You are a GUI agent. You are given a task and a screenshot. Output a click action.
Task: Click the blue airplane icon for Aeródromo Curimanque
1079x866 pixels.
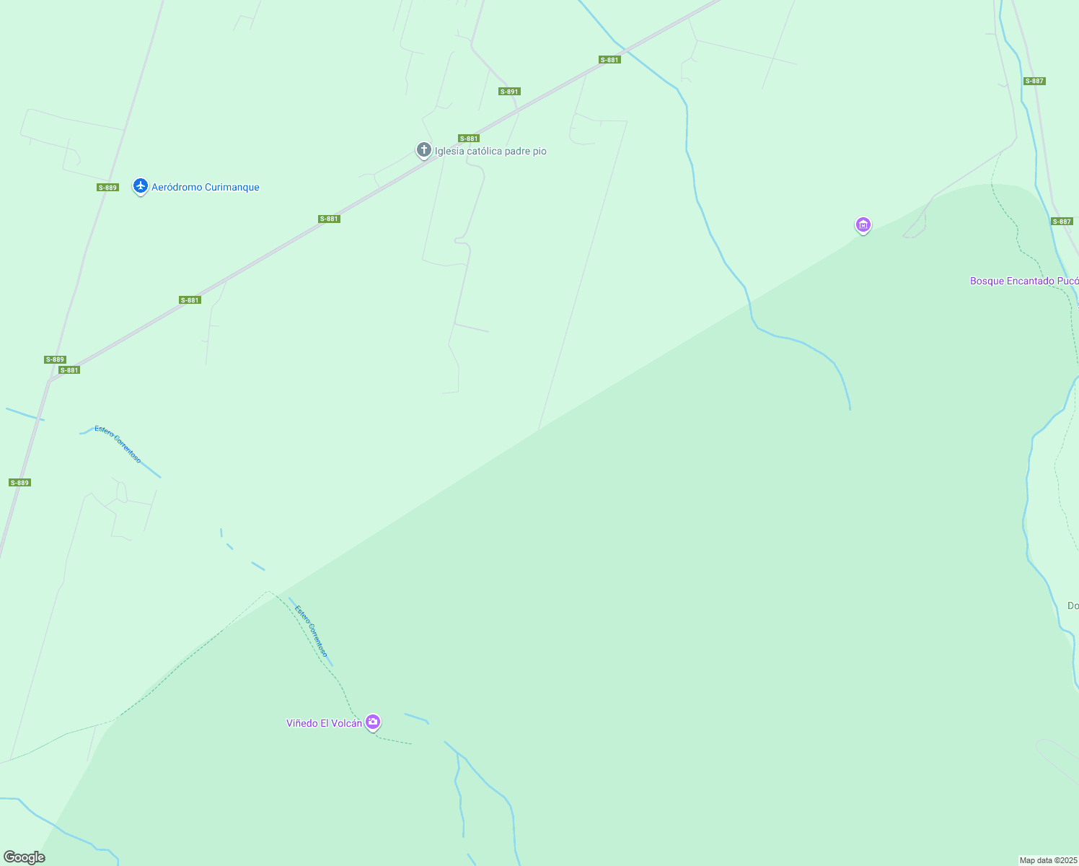click(141, 186)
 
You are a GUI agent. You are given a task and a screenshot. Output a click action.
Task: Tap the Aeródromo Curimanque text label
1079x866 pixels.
click(205, 188)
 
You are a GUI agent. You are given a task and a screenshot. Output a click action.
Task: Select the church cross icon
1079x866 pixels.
click(424, 149)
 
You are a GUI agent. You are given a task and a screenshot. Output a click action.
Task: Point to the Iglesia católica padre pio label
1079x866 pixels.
click(490, 152)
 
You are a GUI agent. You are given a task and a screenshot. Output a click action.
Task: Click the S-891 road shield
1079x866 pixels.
click(509, 92)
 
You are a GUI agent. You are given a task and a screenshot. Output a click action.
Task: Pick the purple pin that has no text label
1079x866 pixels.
click(863, 225)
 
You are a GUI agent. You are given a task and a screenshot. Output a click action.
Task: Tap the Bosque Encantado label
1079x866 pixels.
click(1023, 281)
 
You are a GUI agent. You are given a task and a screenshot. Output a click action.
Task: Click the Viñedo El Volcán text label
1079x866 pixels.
click(324, 723)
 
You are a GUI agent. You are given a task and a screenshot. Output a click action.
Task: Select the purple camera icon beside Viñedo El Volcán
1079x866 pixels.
click(373, 722)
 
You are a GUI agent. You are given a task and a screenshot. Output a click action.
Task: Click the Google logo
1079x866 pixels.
click(24, 857)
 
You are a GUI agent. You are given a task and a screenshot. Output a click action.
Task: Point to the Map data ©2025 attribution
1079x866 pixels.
click(1048, 860)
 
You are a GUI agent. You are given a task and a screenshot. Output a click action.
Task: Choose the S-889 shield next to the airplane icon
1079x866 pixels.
click(107, 188)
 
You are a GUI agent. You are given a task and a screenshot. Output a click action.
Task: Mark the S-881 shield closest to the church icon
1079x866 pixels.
click(469, 139)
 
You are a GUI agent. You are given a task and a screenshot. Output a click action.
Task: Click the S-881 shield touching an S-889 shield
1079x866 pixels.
click(69, 370)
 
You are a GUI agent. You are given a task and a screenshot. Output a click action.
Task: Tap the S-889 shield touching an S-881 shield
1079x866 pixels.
click(55, 359)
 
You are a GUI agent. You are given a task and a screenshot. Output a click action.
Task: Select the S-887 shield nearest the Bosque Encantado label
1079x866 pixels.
click(1062, 222)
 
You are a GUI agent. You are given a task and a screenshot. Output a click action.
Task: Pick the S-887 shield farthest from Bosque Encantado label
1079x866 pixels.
click(1034, 81)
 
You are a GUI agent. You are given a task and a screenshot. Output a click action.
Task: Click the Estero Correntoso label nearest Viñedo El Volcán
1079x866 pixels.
click(311, 630)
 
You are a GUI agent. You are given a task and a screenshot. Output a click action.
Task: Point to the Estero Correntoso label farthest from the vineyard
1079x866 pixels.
click(118, 444)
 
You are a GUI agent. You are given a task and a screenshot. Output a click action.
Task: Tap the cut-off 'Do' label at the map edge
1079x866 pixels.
click(1073, 605)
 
